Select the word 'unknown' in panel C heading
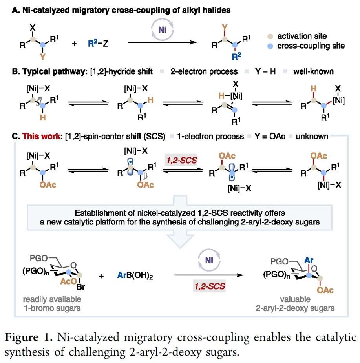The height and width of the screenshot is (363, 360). [x=312, y=137]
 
